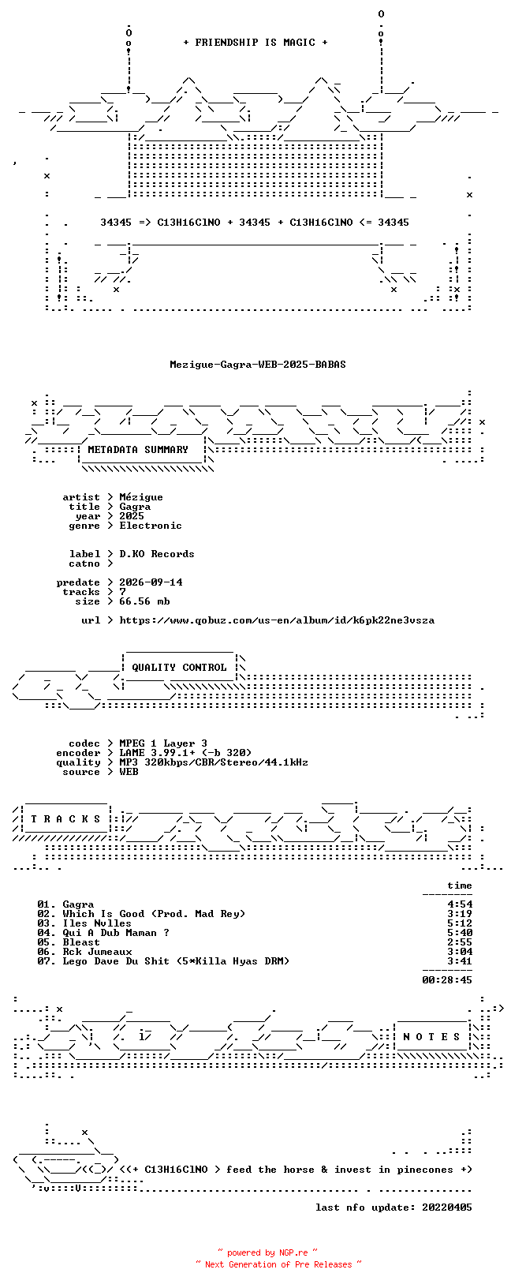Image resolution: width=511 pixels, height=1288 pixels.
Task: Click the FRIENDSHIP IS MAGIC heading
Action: (x=255, y=43)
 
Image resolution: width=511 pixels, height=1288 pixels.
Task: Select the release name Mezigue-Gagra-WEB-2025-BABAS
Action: (x=258, y=365)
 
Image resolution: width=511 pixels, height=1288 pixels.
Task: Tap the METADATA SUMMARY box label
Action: (x=138, y=450)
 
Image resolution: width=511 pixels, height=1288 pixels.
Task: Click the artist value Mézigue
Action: (x=141, y=497)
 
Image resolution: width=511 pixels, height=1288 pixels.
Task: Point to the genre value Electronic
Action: (x=151, y=526)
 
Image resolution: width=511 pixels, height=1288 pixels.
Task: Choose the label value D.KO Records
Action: (x=157, y=554)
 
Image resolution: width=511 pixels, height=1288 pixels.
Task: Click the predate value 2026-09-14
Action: (x=151, y=582)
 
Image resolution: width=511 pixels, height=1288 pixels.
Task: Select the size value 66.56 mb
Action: (x=144, y=601)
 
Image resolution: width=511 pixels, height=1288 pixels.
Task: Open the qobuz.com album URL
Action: (x=277, y=620)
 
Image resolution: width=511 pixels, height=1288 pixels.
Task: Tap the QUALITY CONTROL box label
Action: (x=179, y=668)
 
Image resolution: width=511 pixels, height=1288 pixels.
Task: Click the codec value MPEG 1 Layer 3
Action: (x=163, y=743)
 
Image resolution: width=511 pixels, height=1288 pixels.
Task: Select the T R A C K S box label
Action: (x=65, y=818)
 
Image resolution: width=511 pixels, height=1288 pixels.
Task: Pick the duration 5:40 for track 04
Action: (x=460, y=933)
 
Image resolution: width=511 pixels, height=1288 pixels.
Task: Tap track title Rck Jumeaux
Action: (x=97, y=952)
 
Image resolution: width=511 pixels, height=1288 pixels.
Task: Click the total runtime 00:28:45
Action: (x=447, y=979)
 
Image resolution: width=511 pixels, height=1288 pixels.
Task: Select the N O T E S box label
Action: (x=431, y=1037)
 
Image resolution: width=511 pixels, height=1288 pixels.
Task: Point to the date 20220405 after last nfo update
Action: (x=447, y=1207)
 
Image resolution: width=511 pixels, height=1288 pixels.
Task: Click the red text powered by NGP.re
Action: (x=267, y=1253)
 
